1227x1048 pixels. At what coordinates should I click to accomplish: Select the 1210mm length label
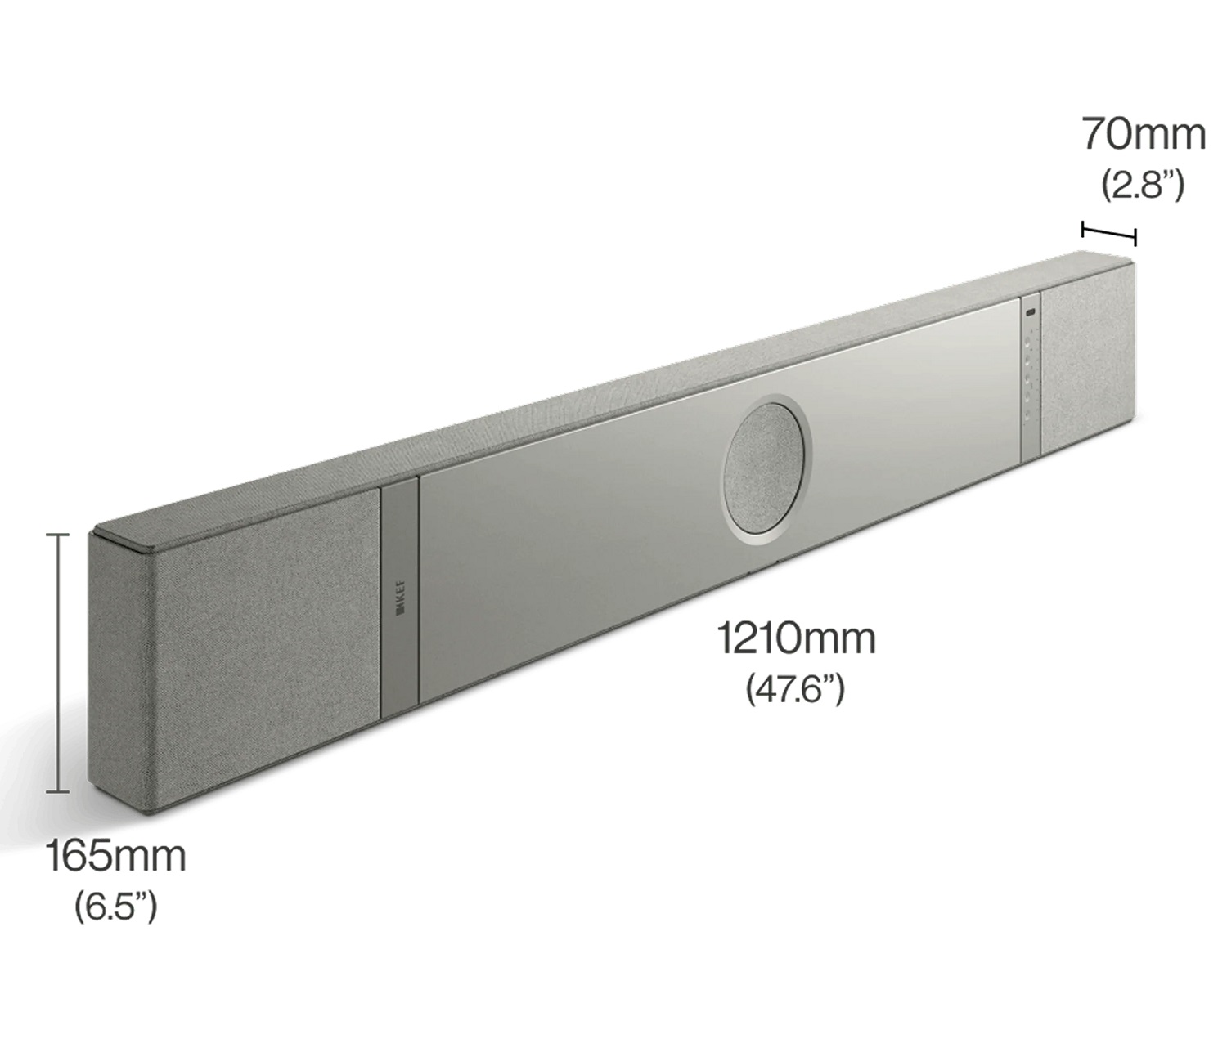click(797, 638)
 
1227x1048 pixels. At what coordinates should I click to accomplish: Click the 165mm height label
click(116, 857)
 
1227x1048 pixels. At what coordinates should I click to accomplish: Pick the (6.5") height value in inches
click(116, 907)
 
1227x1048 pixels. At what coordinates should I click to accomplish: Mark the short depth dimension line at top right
click(1109, 232)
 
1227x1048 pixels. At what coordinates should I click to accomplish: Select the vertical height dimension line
click(57, 662)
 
